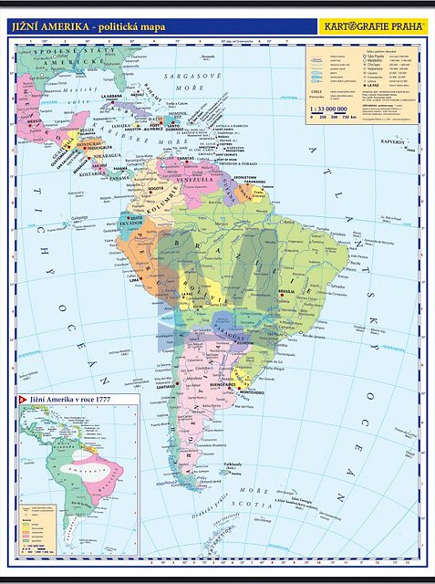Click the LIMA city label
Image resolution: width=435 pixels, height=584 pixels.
[137, 271]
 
